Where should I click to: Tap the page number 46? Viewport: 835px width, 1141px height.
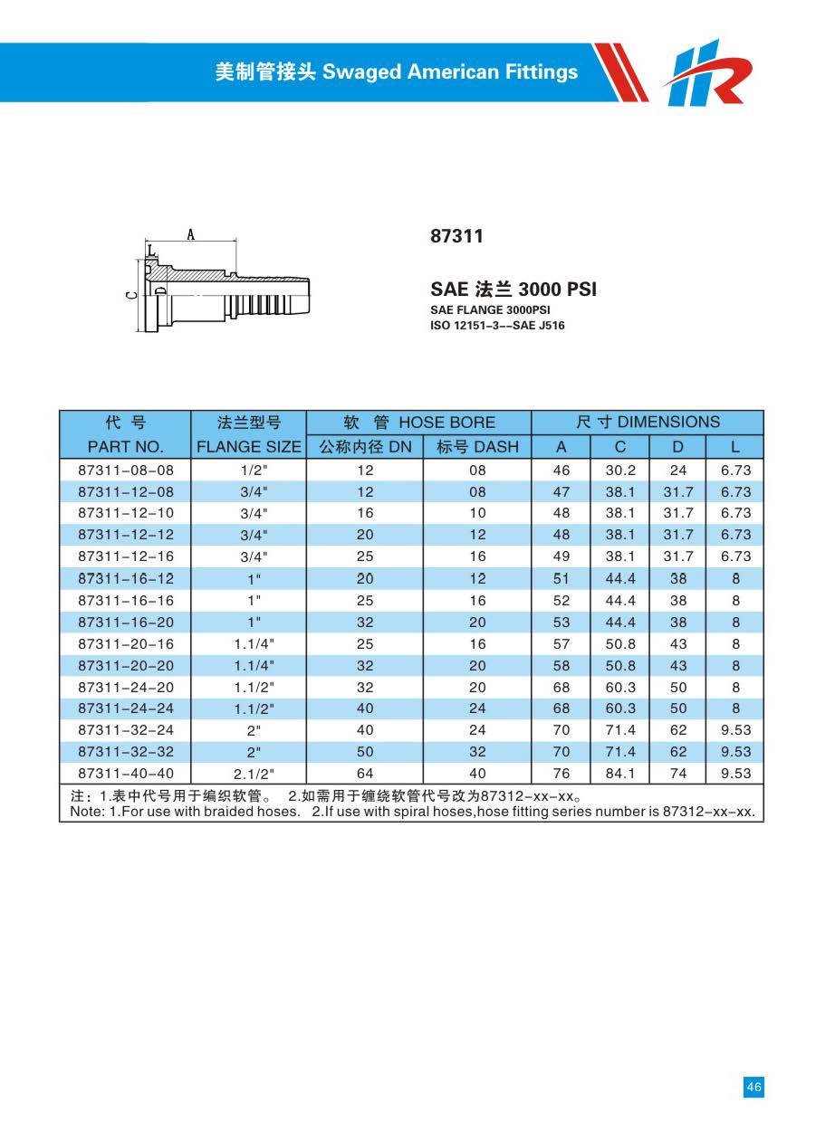753,1087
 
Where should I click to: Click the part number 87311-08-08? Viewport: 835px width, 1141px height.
125,471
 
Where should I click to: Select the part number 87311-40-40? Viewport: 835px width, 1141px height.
125,774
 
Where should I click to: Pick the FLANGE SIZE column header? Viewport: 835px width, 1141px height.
248,447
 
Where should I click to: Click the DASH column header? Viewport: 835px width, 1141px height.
477,447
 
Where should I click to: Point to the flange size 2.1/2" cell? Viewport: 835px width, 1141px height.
254,774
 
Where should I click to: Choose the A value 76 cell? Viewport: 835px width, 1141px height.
561,774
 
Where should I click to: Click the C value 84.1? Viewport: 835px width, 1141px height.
620,774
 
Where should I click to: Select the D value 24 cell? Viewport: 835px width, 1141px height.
678,471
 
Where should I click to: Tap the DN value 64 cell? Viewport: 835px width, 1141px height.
365,774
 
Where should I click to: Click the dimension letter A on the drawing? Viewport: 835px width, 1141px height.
191,234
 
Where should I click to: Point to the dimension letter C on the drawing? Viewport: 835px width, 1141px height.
131,294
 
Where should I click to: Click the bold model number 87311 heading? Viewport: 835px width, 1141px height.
456,236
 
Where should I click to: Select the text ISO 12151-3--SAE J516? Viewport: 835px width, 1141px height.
496,326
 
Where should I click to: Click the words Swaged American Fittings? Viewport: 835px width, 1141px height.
450,72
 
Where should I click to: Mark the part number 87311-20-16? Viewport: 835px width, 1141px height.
125,644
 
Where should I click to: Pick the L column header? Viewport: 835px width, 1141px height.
735,447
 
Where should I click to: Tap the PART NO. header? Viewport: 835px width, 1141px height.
125,447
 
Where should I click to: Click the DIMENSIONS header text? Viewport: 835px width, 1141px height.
668,423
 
